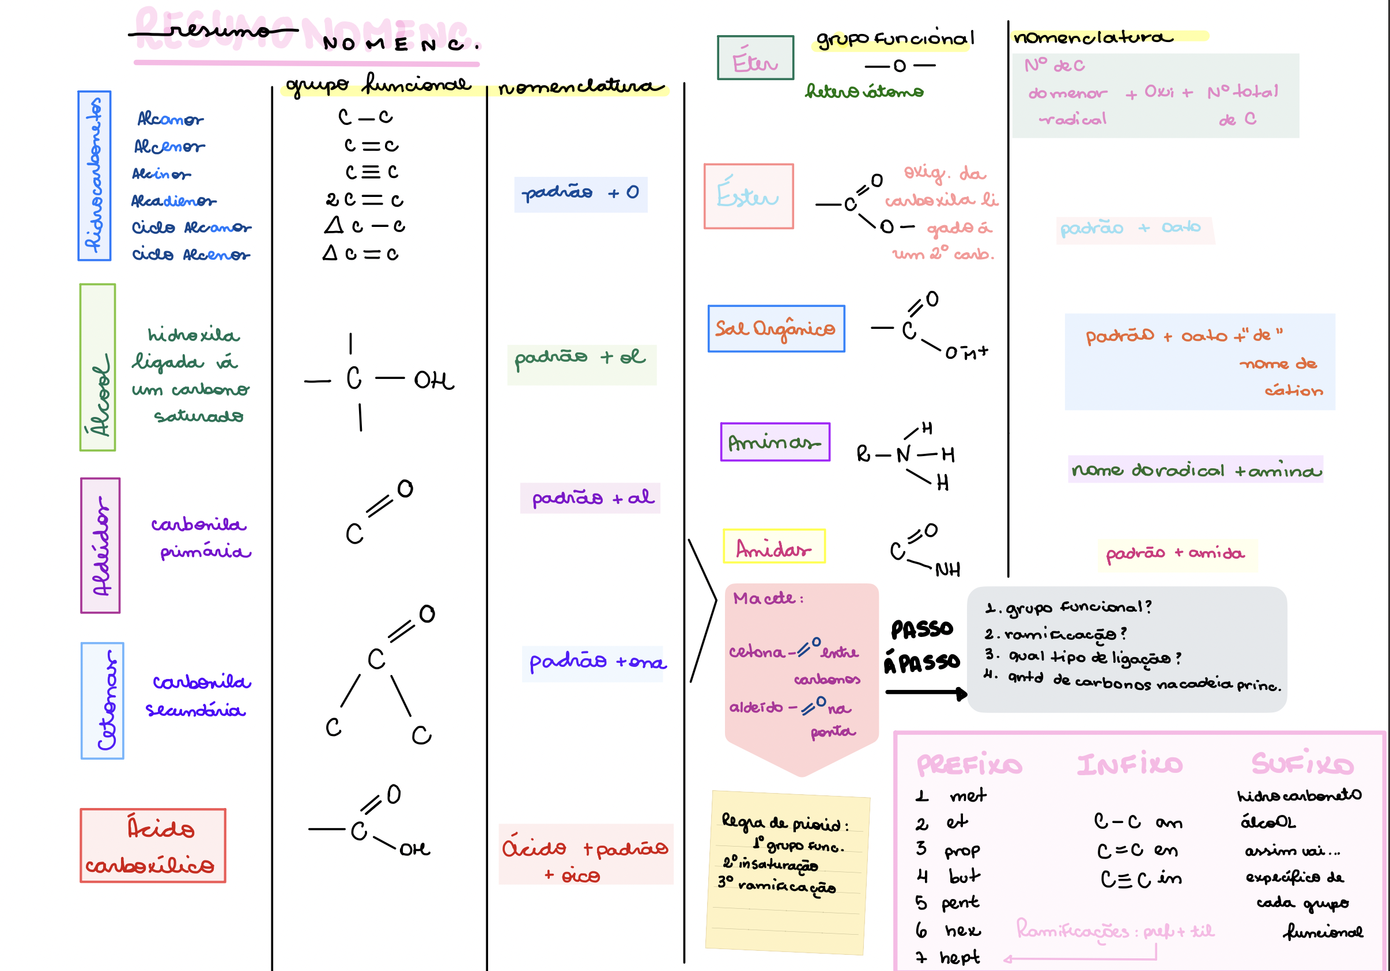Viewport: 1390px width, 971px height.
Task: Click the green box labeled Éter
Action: tap(755, 58)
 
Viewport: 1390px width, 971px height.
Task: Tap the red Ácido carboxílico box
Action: tap(153, 845)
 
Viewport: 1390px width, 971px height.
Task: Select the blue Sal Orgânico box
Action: tap(776, 328)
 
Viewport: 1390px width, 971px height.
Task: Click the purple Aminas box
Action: tap(775, 442)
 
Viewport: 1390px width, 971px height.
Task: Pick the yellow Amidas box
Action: tap(774, 547)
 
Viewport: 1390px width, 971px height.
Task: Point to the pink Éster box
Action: tap(748, 196)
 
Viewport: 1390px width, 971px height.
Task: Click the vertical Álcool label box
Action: tap(97, 367)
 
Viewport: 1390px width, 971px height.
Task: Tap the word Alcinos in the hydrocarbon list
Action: tap(161, 175)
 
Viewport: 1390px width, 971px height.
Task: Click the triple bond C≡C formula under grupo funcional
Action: tap(371, 172)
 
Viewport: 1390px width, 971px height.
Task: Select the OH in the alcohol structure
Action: tap(433, 380)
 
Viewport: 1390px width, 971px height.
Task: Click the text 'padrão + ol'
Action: tap(579, 357)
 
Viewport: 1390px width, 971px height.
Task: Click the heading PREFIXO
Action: tap(969, 765)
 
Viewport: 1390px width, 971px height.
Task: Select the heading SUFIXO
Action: tap(1302, 764)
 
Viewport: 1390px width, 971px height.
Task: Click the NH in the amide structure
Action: tap(947, 569)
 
